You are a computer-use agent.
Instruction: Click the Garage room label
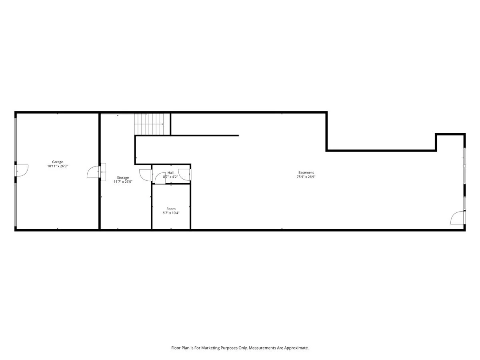[57, 162]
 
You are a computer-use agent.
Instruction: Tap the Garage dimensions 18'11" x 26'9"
[58, 166]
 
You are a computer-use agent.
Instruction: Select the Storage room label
[123, 178]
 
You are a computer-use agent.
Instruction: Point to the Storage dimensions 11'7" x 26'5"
[123, 182]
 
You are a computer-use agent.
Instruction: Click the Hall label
[170, 173]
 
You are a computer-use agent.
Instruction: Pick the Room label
[171, 209]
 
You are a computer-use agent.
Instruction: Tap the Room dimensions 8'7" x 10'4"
[171, 213]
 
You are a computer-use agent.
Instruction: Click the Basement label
[306, 173]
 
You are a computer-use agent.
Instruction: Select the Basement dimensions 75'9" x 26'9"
[306, 177]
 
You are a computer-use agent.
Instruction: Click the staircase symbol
[149, 124]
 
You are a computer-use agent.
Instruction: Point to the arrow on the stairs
[149, 124]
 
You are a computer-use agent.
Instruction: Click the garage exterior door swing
[22, 170]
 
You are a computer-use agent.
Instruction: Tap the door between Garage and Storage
[94, 172]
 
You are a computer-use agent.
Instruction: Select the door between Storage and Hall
[146, 175]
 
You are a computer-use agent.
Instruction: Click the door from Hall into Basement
[184, 175]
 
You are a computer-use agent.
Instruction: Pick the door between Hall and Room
[160, 178]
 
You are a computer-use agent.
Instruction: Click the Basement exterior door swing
[458, 218]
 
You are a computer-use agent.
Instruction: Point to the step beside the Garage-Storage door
[103, 172]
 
